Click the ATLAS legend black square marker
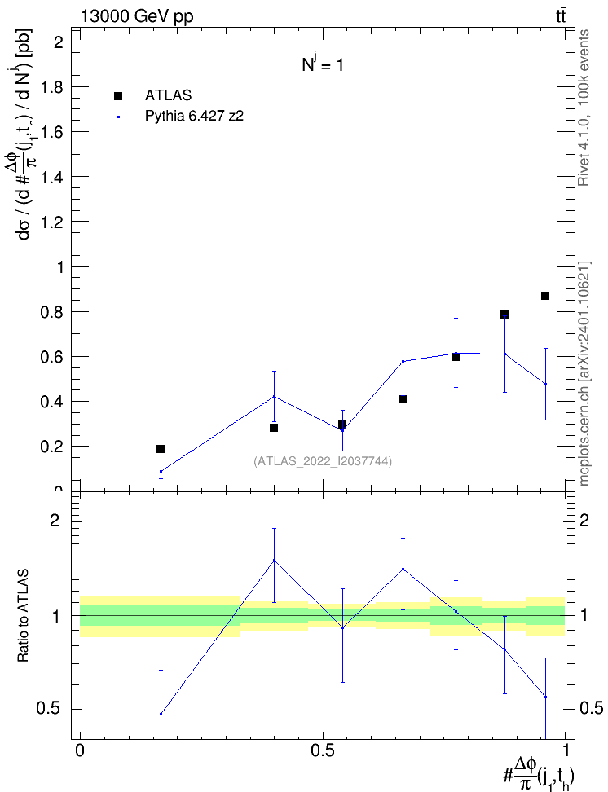coord(118,96)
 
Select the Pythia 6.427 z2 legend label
coord(194,117)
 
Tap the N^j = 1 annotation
coord(323,64)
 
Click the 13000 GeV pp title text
coord(136,16)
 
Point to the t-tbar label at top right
coord(561,16)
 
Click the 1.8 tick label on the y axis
coord(51,87)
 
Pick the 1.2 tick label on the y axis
coord(51,222)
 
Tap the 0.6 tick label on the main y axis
coord(51,357)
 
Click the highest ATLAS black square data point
coord(544,296)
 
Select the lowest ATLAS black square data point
coord(161,449)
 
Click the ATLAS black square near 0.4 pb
coord(403,399)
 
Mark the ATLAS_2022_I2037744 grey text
coord(323,461)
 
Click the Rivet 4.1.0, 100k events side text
coord(584,108)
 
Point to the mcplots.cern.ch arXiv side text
coord(584,374)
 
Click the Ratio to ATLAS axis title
coord(23,615)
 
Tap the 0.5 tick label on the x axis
coord(323,750)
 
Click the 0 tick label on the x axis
coord(80,750)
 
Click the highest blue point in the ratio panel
coord(274,560)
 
